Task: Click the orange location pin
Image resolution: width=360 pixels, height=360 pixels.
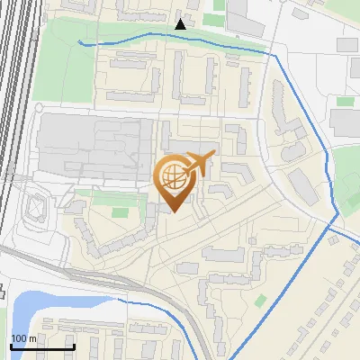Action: click(x=175, y=181)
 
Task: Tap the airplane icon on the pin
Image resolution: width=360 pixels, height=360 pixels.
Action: click(x=201, y=163)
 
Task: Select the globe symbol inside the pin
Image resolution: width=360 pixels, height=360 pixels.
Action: click(x=174, y=175)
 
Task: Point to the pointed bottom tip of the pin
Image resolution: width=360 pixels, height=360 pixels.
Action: click(x=175, y=212)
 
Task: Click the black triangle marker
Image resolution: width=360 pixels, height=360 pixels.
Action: click(x=181, y=24)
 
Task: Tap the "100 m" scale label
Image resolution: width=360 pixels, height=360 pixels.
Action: click(x=23, y=338)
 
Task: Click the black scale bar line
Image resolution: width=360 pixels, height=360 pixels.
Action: click(x=41, y=346)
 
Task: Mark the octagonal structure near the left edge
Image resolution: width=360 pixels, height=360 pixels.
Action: click(x=35, y=208)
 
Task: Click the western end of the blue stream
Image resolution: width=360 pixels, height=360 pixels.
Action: click(x=79, y=41)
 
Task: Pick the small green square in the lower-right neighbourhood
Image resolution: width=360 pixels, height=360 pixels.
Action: click(x=261, y=300)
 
